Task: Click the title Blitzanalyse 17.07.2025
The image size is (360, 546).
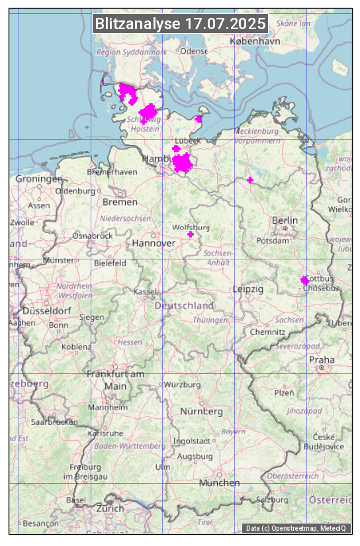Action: [x=180, y=24]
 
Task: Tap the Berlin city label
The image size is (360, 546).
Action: [x=285, y=220]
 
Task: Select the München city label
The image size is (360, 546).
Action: [x=219, y=483]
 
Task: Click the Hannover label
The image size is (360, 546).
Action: [x=154, y=244]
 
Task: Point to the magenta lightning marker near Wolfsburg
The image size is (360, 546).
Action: [x=191, y=234]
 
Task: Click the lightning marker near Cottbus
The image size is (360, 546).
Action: [x=304, y=281]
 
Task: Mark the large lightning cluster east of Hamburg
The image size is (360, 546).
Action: [x=182, y=162]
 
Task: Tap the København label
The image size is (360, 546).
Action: [x=251, y=41]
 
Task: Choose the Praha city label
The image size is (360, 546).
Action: [x=321, y=359]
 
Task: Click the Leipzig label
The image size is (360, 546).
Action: [x=248, y=290]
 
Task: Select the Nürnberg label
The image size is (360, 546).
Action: [x=201, y=412]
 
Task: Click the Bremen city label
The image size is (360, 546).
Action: [x=120, y=202]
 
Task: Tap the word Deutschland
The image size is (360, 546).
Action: [x=184, y=306]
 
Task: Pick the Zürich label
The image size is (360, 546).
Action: [x=109, y=508]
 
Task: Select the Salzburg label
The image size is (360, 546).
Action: [x=273, y=500]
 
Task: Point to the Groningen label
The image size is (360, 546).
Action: [x=39, y=179]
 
